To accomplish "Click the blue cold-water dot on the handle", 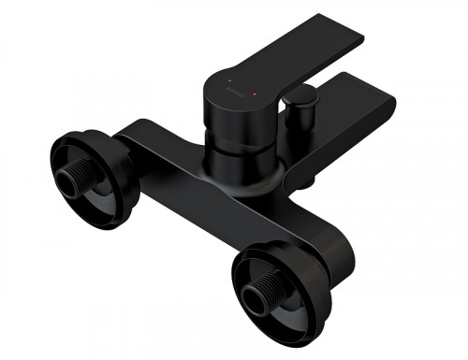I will [230, 81].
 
